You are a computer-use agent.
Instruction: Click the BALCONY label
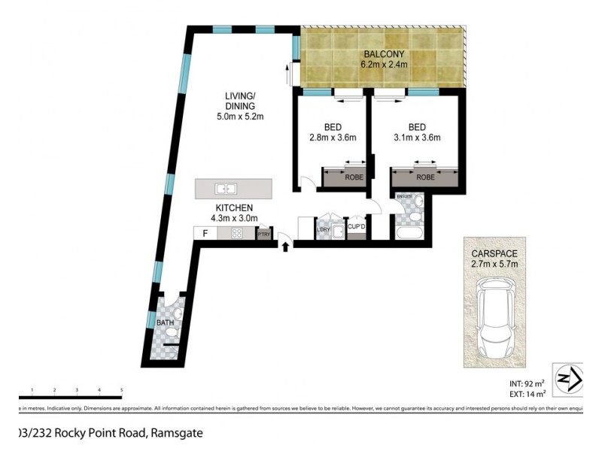coord(385,54)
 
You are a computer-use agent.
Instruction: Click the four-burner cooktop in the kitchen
coord(236,233)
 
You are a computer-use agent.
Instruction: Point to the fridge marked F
coord(204,233)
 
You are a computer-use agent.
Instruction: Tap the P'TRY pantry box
coord(263,234)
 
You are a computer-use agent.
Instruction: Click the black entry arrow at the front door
coord(285,246)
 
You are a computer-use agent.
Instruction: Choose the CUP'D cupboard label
coord(356,226)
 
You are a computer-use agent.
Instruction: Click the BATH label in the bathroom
coord(165,323)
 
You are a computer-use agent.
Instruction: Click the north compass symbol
coord(569,378)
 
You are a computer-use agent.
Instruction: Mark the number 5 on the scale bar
coord(121,390)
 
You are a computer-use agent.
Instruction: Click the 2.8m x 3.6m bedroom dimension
coord(332,138)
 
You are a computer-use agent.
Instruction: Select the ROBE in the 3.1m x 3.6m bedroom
coord(425,178)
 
